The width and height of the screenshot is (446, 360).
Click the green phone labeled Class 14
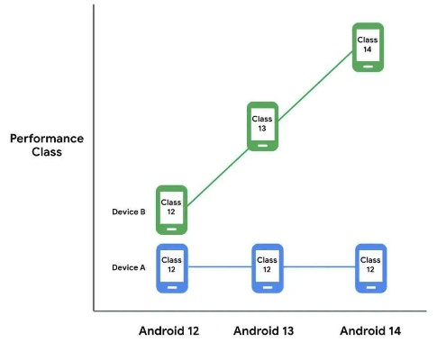coord(367,46)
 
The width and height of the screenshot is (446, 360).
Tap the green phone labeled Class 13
coord(262,126)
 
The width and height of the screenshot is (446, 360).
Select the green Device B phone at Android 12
coord(171,210)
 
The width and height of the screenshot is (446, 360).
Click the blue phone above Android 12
coord(171,266)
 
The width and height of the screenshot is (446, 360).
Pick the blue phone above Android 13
coord(268,266)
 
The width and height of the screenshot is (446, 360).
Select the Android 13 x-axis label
coord(265,330)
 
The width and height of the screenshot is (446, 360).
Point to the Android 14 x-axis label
coord(370,330)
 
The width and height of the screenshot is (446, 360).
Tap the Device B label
coord(129,212)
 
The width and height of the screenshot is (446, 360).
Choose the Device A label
coord(129,267)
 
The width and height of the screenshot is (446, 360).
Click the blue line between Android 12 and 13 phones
coord(219,266)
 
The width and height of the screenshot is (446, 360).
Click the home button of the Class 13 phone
coord(262,144)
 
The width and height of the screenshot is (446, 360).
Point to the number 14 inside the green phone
coord(367,49)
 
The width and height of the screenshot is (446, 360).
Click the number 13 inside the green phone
coord(262,129)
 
